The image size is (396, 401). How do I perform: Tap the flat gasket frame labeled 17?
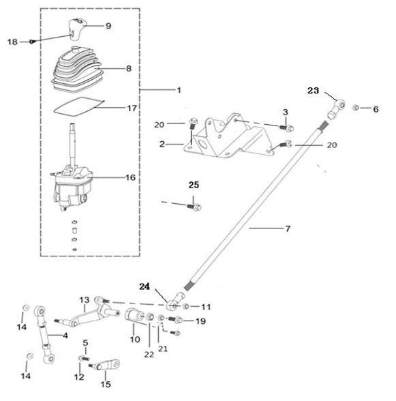79,106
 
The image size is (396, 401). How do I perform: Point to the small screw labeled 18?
32,42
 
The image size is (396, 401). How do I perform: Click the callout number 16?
130,177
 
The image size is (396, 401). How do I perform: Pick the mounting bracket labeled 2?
229,136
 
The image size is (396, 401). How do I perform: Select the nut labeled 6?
356,108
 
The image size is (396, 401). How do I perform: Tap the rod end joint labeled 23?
336,108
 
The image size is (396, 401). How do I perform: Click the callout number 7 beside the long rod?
288,228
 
